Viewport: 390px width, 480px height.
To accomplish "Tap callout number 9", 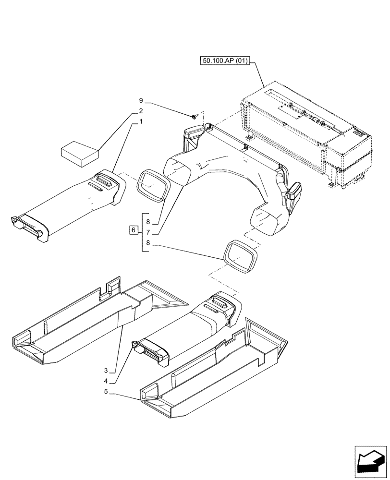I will click(x=141, y=101).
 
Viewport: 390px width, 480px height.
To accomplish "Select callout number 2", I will click(x=141, y=111).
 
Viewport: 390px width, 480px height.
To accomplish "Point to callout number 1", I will click(x=141, y=122).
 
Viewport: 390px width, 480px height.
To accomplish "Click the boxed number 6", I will click(x=133, y=231).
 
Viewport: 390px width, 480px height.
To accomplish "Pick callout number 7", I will click(x=148, y=231).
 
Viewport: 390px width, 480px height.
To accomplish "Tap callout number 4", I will click(x=111, y=382).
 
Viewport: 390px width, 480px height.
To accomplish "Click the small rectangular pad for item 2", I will click(x=80, y=152).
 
